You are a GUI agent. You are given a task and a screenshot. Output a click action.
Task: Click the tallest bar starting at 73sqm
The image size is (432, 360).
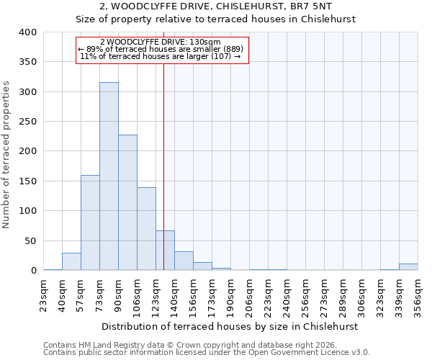pos(109,176)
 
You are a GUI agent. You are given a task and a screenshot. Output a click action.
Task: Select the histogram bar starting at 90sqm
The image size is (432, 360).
pos(127,202)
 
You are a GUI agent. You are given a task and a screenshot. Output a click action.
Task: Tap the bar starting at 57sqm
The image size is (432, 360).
pos(90,222)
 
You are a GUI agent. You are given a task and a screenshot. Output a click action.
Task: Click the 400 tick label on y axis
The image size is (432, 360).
pos(28,32)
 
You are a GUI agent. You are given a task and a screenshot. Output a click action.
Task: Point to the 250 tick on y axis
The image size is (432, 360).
pos(28,122)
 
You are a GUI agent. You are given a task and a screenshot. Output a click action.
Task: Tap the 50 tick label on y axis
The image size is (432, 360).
pos(31,240)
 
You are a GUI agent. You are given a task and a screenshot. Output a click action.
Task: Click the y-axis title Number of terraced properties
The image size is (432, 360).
pos(6,155)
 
